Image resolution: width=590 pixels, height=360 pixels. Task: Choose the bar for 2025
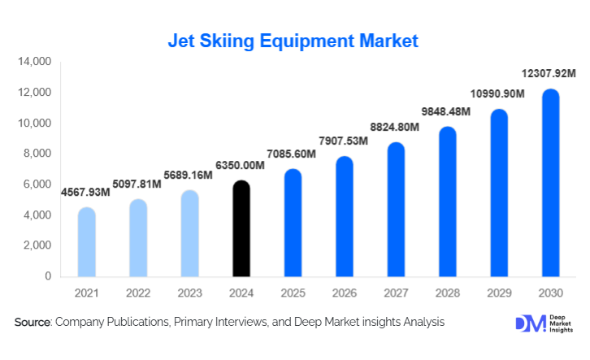click(x=293, y=223)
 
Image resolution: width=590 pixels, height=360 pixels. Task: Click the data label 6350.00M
click(x=241, y=166)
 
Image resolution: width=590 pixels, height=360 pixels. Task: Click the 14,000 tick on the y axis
click(x=34, y=62)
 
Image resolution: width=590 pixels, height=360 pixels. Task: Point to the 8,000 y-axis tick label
click(x=37, y=154)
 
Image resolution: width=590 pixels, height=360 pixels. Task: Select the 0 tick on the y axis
click(x=47, y=276)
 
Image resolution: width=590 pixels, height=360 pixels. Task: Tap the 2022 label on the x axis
click(x=138, y=292)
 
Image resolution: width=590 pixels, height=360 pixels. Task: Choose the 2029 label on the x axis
click(x=499, y=292)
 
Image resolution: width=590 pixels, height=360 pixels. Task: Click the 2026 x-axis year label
click(x=345, y=292)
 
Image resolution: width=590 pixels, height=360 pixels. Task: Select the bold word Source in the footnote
click(x=33, y=323)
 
